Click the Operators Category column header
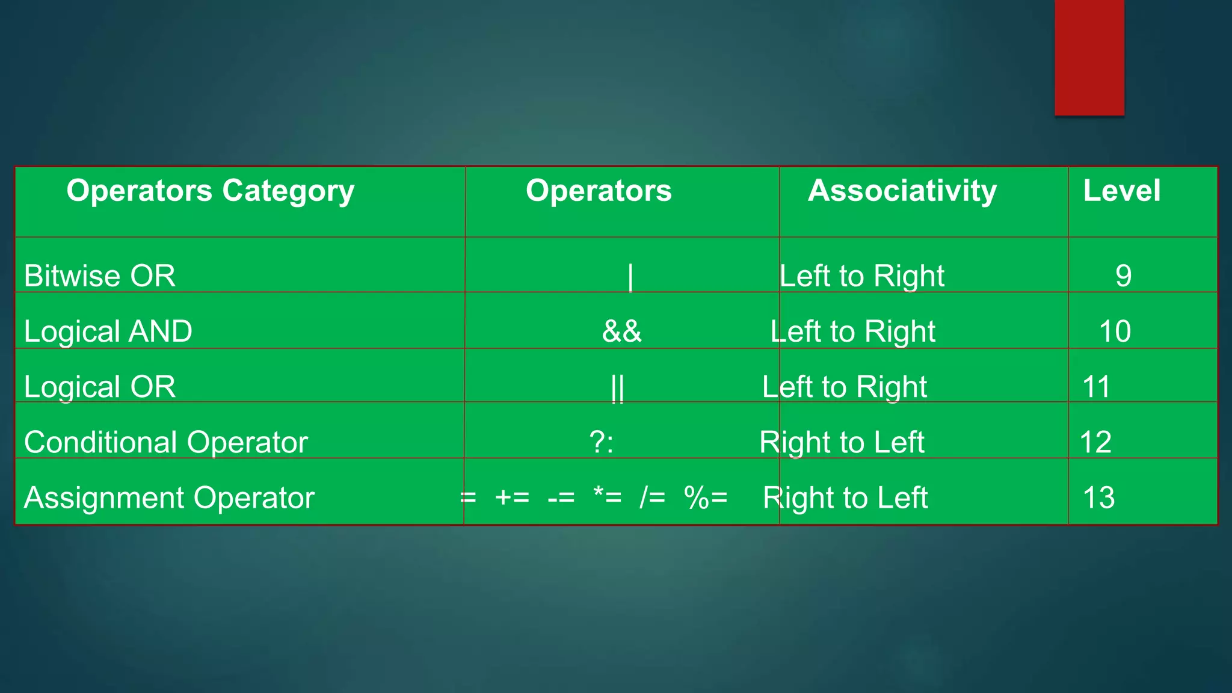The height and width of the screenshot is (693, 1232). [x=211, y=191]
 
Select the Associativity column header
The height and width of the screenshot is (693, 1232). [x=902, y=191]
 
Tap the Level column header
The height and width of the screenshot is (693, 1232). [x=1121, y=191]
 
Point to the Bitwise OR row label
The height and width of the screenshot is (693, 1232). [x=100, y=276]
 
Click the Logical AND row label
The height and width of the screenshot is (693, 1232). [x=108, y=331]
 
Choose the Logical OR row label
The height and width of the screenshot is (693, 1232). [x=100, y=387]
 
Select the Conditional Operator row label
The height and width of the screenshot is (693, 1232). [x=166, y=442]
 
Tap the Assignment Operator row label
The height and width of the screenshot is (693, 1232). [x=169, y=498]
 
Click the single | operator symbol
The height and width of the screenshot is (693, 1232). [x=630, y=277]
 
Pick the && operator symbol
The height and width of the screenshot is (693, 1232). [x=622, y=331]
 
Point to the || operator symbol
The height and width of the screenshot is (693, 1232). [x=617, y=388]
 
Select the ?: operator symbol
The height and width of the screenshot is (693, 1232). [x=602, y=443]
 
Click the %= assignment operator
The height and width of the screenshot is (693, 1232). [x=706, y=498]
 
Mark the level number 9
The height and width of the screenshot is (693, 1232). [x=1123, y=276]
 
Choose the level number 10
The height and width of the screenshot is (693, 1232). [x=1115, y=331]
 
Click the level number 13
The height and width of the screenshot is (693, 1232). [x=1098, y=498]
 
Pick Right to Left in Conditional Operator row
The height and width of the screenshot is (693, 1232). [x=841, y=443]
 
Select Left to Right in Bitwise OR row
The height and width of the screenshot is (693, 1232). [x=861, y=276]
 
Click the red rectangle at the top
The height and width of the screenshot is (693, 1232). [x=1089, y=57]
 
